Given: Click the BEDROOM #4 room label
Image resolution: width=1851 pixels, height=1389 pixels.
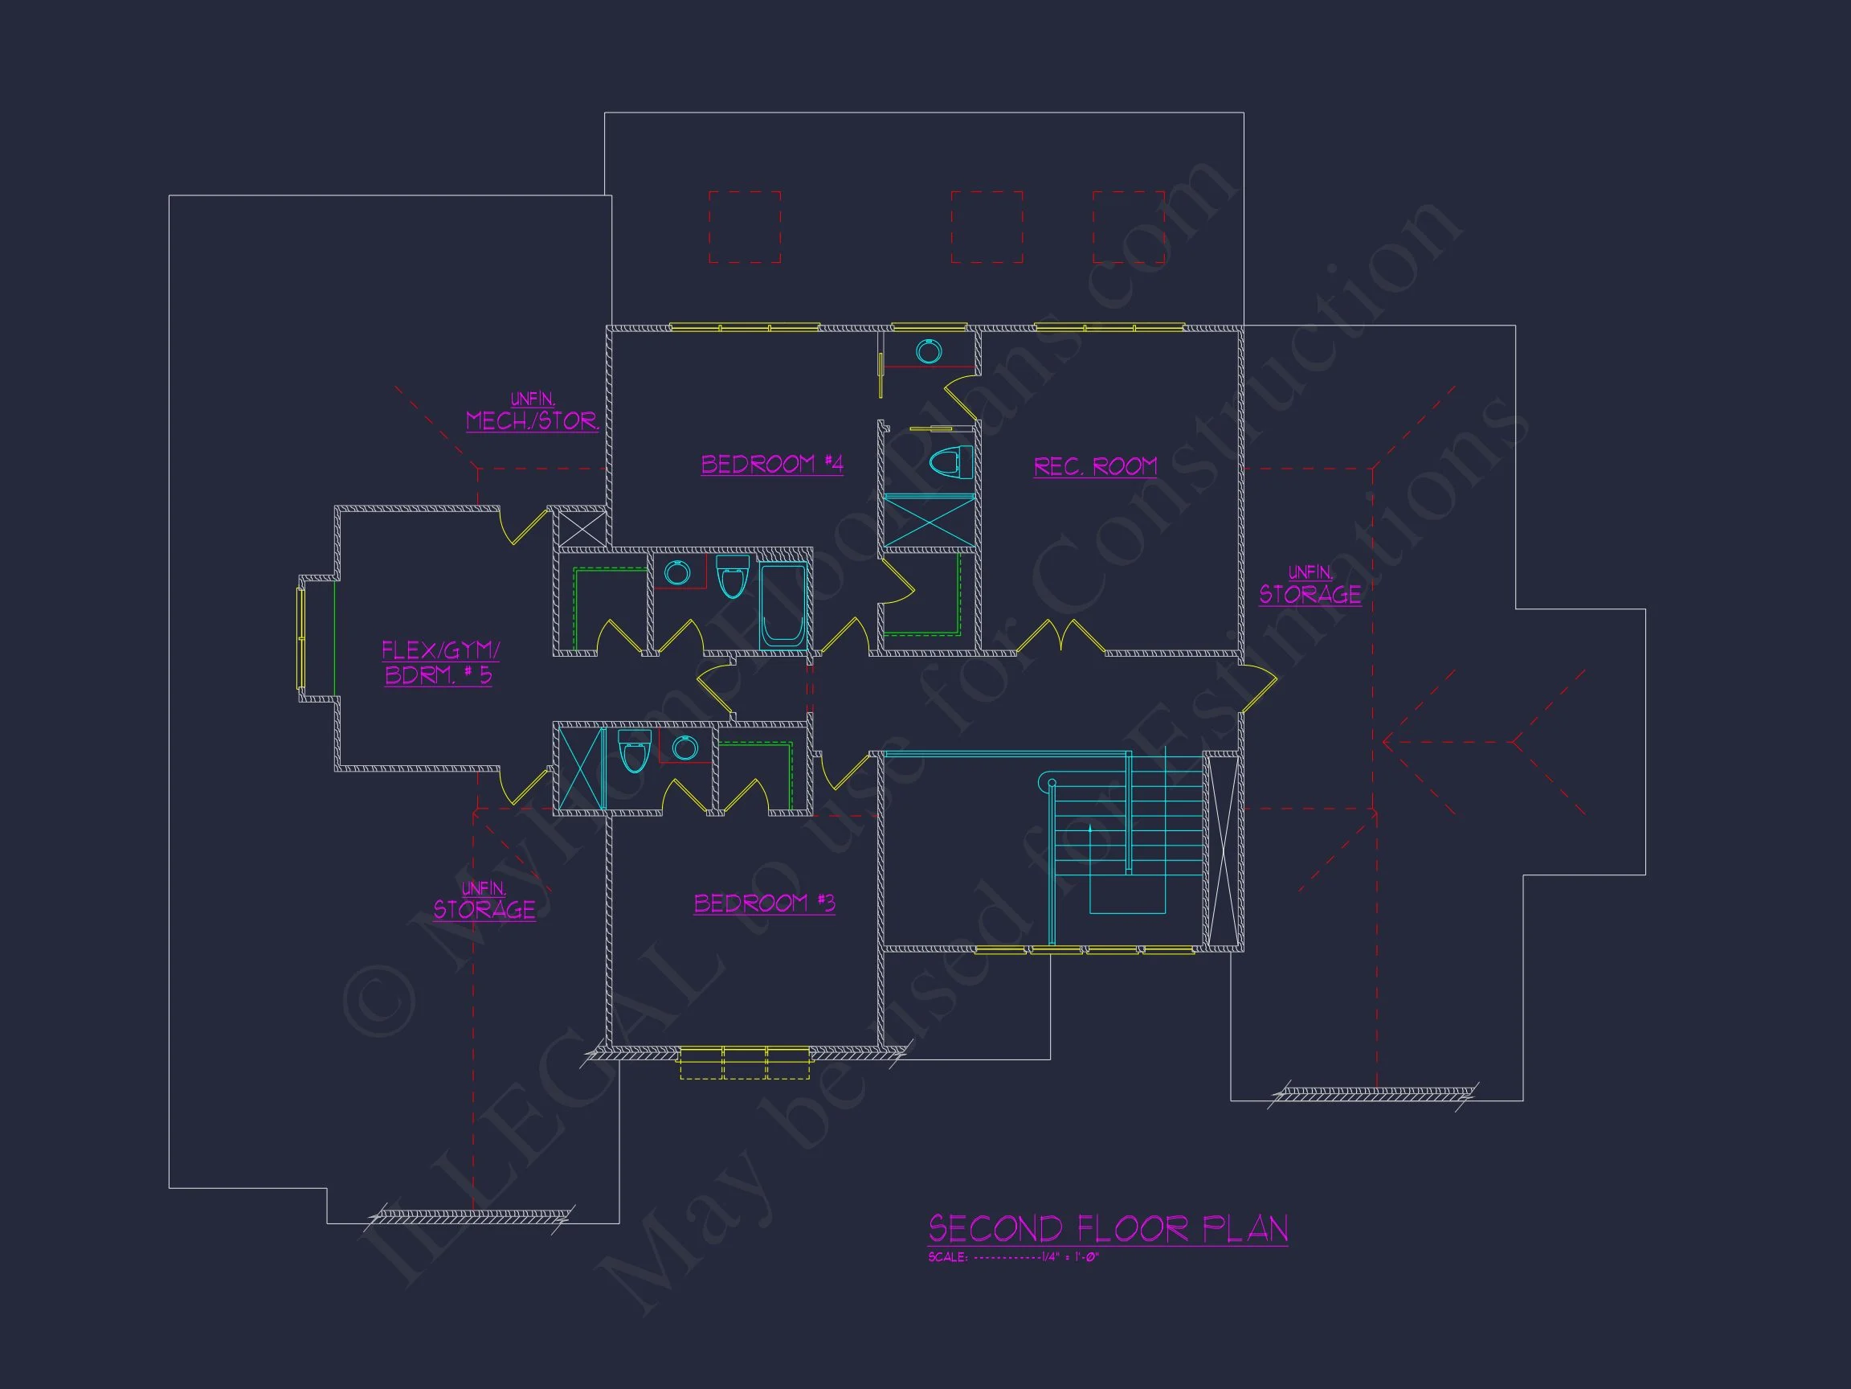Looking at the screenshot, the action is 771,464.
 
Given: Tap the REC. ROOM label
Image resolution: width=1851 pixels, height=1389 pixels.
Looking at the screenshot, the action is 1095,466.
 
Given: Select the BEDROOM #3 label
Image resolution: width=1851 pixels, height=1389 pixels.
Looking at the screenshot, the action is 765,903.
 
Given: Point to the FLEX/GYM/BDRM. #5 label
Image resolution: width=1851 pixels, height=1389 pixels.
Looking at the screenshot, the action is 440,662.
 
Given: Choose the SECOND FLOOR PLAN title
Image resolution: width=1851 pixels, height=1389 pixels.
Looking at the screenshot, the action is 1108,1229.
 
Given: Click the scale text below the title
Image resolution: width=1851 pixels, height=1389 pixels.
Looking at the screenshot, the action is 1012,1256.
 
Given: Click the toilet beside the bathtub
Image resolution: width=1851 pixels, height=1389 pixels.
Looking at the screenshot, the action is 732,577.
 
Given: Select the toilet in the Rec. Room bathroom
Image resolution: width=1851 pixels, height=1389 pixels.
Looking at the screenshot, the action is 951,461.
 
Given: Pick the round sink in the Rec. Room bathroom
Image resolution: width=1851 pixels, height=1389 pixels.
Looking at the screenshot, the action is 928,351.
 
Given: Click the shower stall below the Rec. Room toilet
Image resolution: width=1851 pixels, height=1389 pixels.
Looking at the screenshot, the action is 930,522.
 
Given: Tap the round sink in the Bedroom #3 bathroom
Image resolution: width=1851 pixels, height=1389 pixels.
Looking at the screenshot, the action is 684,748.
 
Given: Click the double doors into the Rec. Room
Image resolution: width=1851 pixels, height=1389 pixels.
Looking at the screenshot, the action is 1061,636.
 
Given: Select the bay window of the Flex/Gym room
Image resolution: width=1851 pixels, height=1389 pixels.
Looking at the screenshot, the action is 302,638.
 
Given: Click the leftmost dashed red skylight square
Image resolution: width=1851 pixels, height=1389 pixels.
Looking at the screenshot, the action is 745,227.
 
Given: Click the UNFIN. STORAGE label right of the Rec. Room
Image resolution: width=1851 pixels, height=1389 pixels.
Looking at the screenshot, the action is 1310,585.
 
